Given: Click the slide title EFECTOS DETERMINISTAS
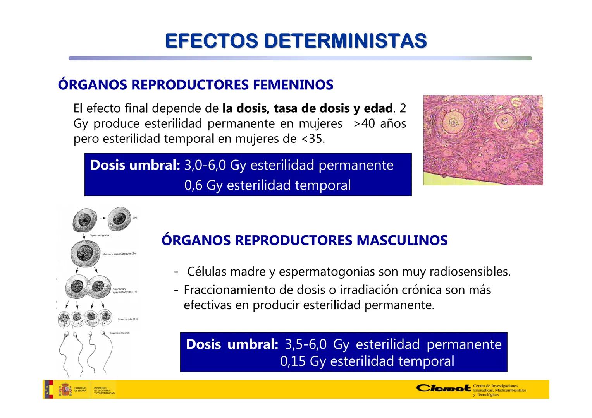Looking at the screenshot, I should point(296,41).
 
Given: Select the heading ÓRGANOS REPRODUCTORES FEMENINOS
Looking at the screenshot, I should point(196,85).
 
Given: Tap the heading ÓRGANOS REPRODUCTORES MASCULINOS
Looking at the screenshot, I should point(305,240).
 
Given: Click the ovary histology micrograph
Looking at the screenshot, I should point(483,140).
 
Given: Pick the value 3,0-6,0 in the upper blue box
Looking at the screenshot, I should point(205,165).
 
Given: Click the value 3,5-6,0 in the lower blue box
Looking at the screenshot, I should point(306,344).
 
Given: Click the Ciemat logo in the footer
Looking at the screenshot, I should point(444,388).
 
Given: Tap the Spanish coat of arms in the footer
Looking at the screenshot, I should point(65,389).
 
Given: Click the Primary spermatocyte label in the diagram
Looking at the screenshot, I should point(120,254).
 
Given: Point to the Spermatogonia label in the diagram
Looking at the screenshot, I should point(99,235).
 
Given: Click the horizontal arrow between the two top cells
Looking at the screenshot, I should point(103,218).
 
